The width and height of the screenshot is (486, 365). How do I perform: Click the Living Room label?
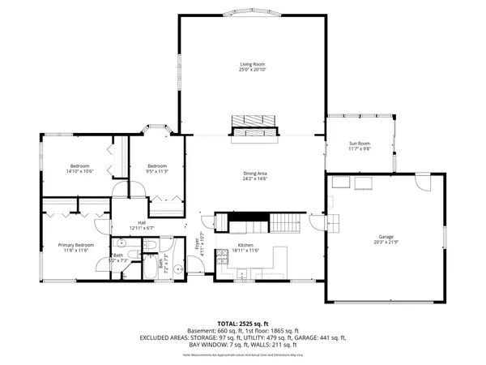pyautogui.click(x=252, y=64)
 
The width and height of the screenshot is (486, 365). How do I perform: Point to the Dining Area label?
pyautogui.click(x=255, y=173)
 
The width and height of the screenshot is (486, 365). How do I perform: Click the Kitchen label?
pyautogui.click(x=245, y=245)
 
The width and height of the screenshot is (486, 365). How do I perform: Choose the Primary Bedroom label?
pyautogui.click(x=75, y=244)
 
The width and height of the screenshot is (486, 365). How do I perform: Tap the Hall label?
pyautogui.click(x=141, y=222)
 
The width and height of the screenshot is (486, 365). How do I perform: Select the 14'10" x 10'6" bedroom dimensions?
pyautogui.click(x=80, y=171)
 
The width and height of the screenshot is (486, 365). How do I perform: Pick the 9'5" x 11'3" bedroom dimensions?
pyautogui.click(x=156, y=171)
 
